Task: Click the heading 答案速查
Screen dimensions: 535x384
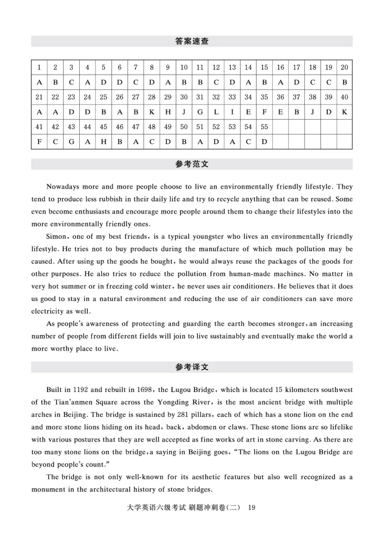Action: click(x=192, y=41)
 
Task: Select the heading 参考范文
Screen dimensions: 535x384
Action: click(x=192, y=164)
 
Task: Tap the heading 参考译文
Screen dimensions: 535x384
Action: click(x=192, y=367)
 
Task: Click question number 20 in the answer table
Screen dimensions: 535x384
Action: click(x=344, y=67)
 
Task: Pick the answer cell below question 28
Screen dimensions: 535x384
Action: click(x=152, y=111)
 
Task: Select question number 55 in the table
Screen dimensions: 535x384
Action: click(x=264, y=127)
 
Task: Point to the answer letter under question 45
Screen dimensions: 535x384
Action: click(x=103, y=142)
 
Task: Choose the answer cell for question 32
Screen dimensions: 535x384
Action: click(x=216, y=111)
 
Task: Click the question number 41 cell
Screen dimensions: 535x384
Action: click(x=39, y=127)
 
